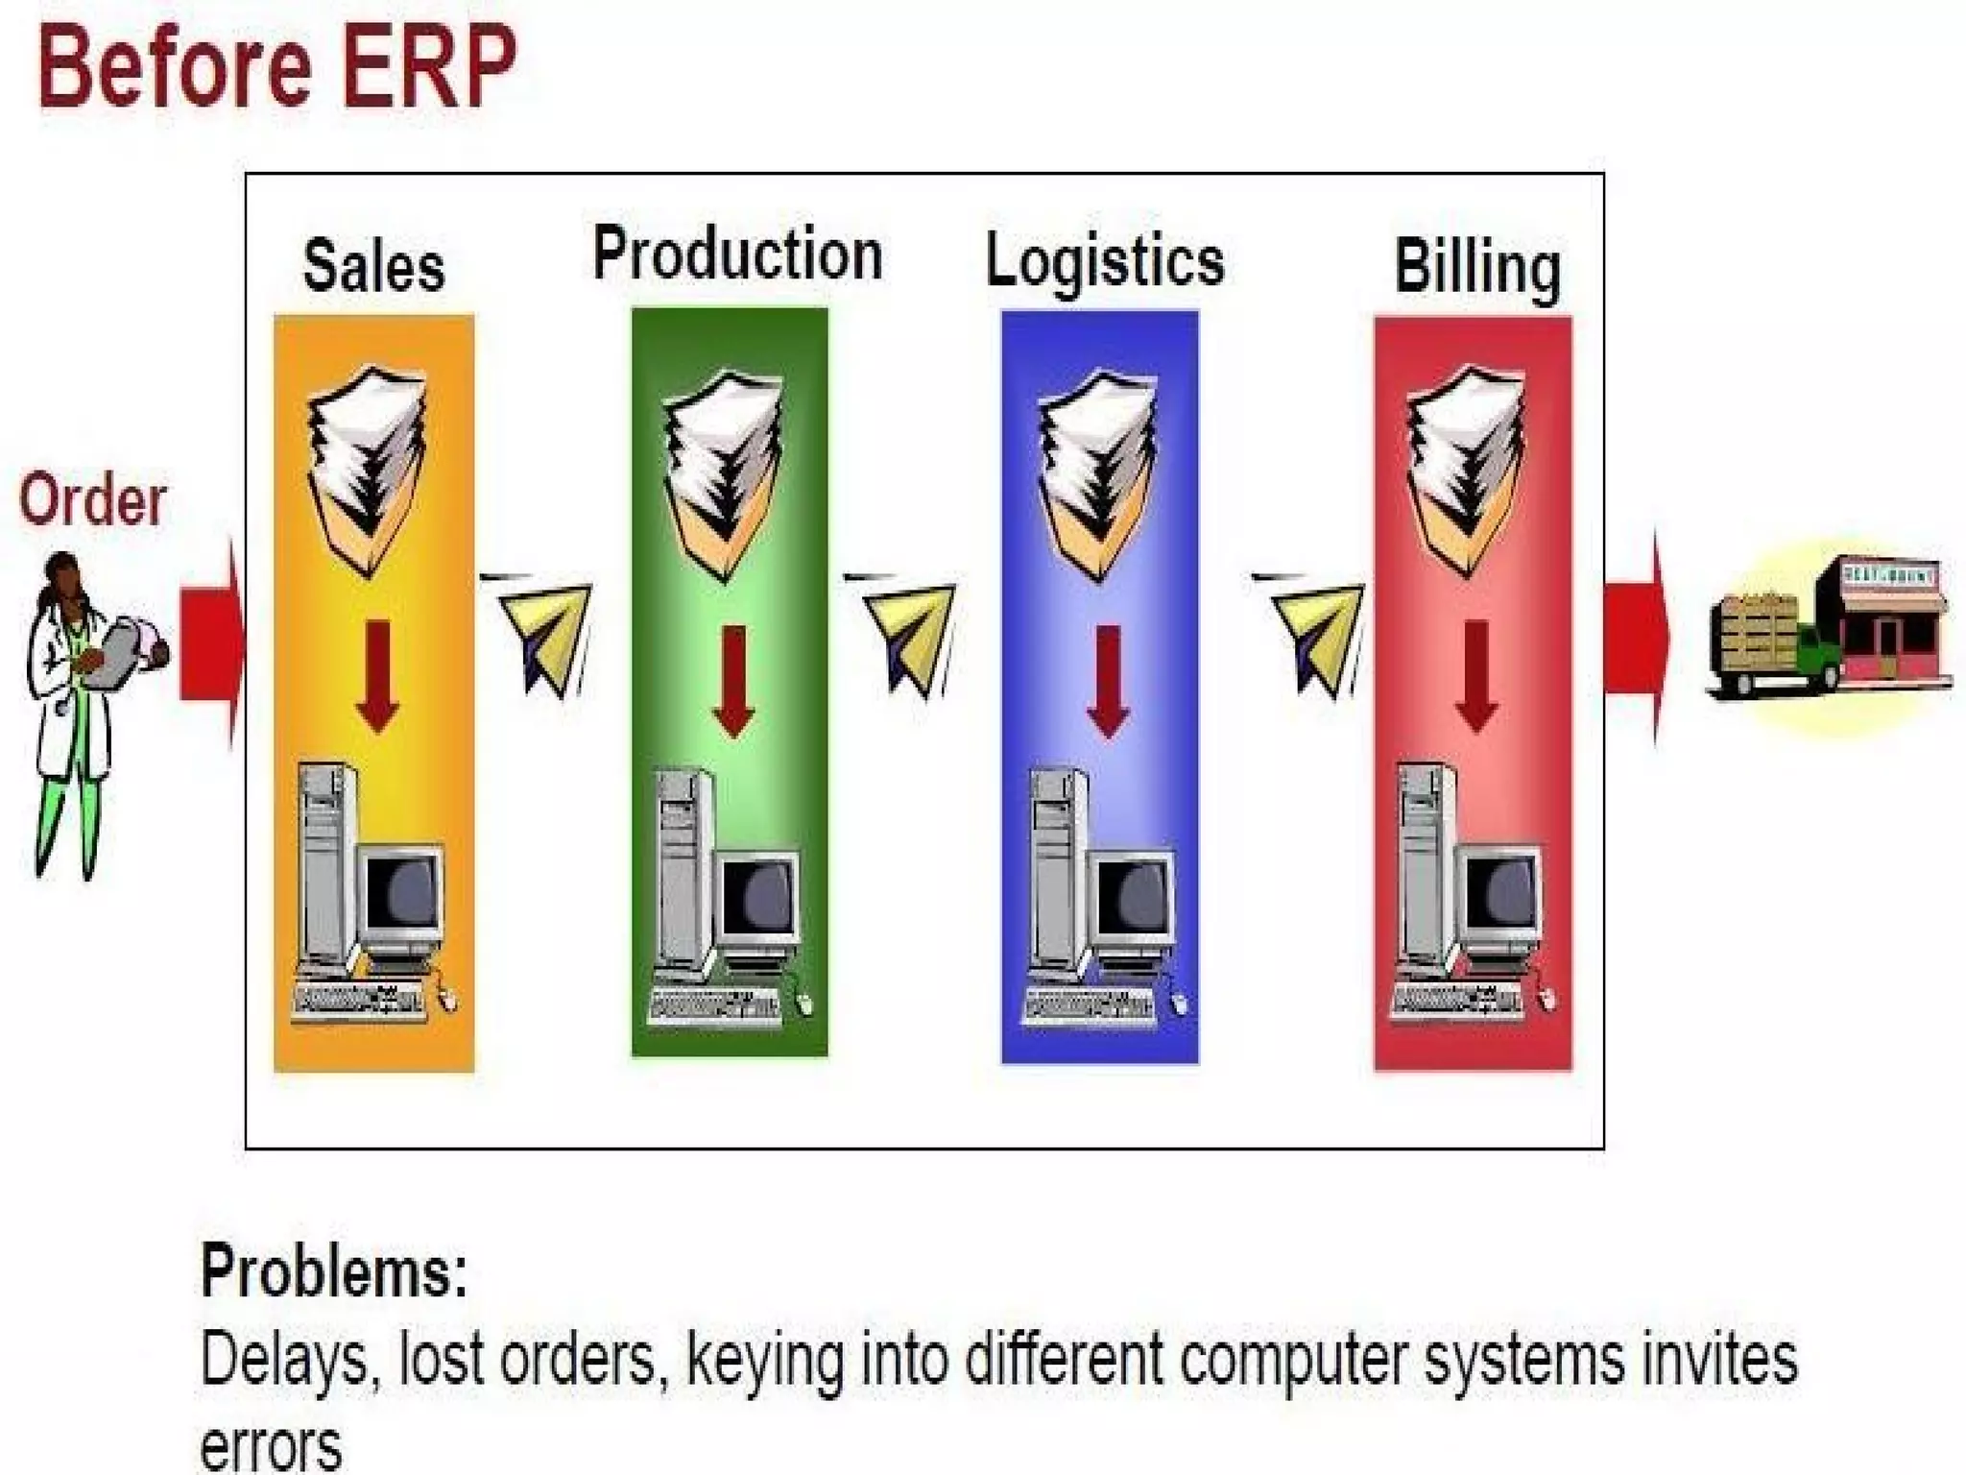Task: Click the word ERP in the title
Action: click(429, 67)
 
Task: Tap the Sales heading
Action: click(373, 266)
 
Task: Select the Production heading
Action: click(737, 254)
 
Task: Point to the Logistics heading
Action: click(1105, 261)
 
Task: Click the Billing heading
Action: click(1476, 268)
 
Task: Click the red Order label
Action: click(92, 500)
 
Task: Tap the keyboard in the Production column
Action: click(715, 1005)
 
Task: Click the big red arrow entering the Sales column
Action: click(212, 642)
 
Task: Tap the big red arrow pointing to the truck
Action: click(1637, 638)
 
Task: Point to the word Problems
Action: click(333, 1270)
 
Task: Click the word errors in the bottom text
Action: click(271, 1446)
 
